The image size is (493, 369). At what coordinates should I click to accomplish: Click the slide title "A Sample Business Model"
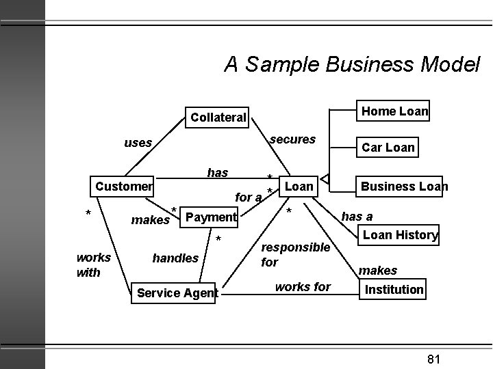[352, 64]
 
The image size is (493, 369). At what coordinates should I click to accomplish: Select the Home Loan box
[394, 111]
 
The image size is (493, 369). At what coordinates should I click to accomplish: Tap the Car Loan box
[388, 148]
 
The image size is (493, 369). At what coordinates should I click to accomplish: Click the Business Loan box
[404, 186]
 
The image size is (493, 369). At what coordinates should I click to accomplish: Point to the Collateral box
[218, 117]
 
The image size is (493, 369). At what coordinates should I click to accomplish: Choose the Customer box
[124, 186]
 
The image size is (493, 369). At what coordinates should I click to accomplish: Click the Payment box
[211, 217]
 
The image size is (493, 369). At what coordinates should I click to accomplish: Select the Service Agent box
[177, 293]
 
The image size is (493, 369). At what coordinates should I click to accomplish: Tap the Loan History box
[400, 235]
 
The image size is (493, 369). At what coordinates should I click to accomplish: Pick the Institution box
[394, 289]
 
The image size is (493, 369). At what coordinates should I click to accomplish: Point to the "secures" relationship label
[292, 139]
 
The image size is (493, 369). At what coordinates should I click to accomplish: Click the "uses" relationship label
[138, 143]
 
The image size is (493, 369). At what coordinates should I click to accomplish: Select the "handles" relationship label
[175, 258]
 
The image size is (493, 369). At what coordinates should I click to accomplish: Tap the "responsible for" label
[295, 254]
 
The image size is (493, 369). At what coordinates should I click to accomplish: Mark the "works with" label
[92, 265]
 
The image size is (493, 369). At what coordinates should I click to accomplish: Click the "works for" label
[303, 287]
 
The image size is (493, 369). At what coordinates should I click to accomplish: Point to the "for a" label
[249, 197]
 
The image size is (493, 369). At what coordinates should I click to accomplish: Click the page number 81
[433, 359]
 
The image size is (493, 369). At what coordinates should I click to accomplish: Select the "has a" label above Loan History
[357, 217]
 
